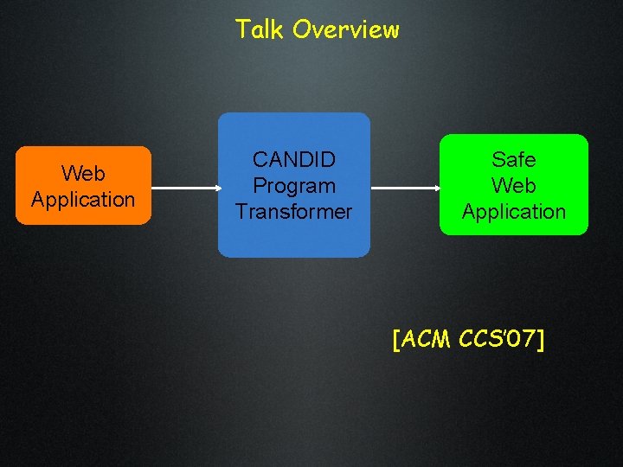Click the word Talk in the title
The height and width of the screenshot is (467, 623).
260,29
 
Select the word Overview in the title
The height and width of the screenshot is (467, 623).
346,29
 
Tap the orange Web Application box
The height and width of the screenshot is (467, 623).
83,186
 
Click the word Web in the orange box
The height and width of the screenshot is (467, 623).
83,174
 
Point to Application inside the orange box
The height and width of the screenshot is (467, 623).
83,200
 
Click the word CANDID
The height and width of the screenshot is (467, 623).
293,160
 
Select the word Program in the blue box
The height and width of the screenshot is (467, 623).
293,186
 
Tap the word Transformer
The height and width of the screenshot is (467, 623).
293,212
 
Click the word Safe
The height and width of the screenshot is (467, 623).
513,160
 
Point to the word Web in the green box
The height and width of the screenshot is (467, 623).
513,186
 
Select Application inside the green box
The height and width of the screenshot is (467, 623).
513,212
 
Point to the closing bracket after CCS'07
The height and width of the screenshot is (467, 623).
541,340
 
